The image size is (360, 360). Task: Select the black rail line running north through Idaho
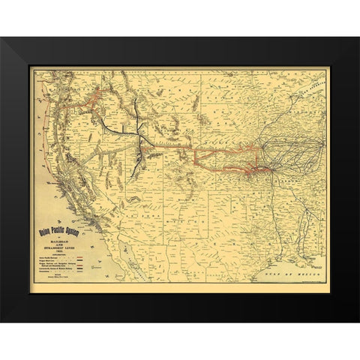coord(139,112)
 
